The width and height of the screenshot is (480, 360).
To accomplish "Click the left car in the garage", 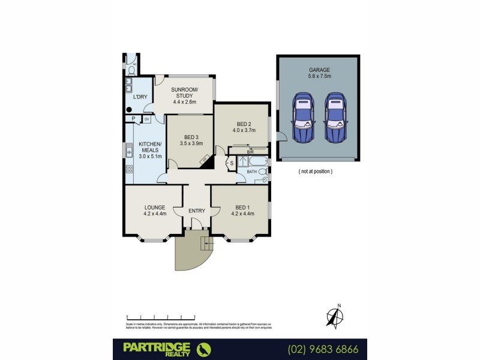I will coord(304,118).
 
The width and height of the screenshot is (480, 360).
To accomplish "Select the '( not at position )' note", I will coord(315,171).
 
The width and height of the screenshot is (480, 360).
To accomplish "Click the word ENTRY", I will coord(196,211).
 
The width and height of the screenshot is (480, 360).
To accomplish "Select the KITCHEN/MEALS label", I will coord(149,150).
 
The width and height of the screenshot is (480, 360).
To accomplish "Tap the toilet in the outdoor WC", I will coord(131,69).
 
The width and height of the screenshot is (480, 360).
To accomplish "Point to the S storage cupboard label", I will coord(232,163).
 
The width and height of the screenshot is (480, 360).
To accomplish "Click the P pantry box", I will coord(134,119).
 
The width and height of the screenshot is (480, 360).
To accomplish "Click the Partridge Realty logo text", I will coord(157,348).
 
